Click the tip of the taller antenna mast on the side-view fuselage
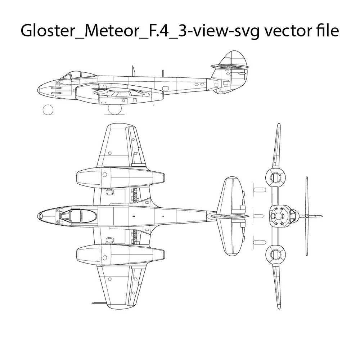pos(133,66)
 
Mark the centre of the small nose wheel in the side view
pos(48,109)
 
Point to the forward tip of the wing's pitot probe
pos(92,303)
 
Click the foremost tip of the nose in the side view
pos(38,89)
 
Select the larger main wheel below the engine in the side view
pos(115,109)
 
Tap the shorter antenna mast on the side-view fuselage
pos(163,73)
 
